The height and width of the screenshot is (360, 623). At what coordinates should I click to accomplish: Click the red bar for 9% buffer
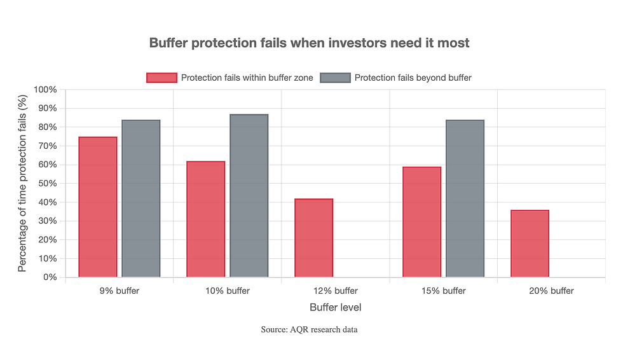(x=97, y=207)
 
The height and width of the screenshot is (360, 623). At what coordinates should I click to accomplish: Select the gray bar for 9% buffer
(x=140, y=198)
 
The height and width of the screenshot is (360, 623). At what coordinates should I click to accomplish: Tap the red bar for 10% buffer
(x=205, y=219)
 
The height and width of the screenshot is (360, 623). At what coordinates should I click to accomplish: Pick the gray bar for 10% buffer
(x=249, y=196)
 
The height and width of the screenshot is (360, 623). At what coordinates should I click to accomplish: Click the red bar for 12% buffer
(x=313, y=238)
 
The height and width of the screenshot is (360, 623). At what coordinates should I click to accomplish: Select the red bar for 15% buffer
(x=421, y=222)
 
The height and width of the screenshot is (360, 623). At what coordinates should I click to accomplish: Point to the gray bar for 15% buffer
(x=465, y=198)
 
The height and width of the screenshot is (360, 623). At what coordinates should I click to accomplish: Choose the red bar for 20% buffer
(x=530, y=244)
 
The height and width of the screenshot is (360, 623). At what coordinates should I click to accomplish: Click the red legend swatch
(x=161, y=78)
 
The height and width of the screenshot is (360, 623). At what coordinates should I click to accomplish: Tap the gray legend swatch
(x=335, y=78)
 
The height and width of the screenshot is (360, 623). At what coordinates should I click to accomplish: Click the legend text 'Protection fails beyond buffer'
(x=413, y=78)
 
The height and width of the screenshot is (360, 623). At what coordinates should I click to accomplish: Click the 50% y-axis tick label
(x=47, y=184)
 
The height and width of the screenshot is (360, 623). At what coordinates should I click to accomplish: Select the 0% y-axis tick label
(x=50, y=277)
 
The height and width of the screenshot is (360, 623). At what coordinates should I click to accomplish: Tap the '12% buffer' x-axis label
(x=335, y=291)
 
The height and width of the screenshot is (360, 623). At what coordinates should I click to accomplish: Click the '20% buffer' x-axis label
(x=551, y=291)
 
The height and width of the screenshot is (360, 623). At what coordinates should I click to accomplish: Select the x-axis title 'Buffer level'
(x=335, y=307)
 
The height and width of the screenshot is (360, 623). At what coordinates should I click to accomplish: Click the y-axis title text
(x=22, y=183)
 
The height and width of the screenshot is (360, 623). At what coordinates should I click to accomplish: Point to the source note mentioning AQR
(x=309, y=329)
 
